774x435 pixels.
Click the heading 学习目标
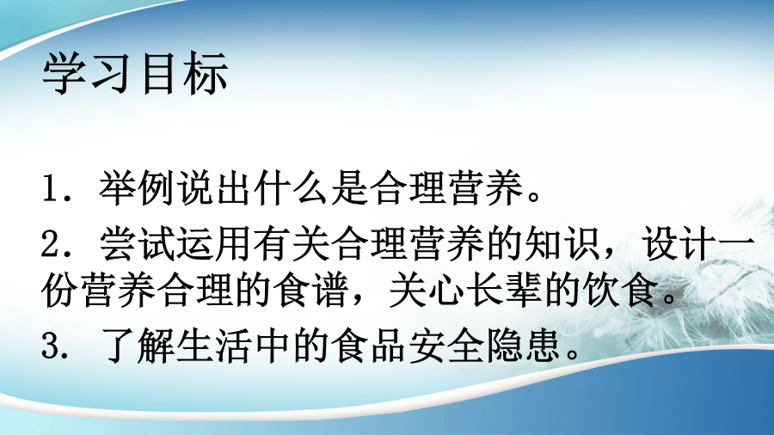135,73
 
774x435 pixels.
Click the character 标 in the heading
206,73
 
